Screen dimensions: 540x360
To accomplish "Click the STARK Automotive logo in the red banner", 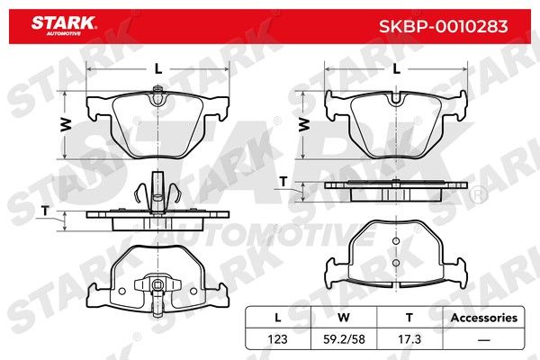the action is tap(64, 25).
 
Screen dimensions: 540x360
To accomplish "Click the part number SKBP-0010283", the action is tap(443, 26).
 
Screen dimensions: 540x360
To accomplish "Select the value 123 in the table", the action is tap(277, 339).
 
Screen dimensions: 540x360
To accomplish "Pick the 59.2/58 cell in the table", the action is tap(344, 339).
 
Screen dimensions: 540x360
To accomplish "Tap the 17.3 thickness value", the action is tap(409, 339).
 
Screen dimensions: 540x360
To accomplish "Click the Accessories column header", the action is tap(484, 318).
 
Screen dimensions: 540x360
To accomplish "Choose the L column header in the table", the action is tap(277, 318).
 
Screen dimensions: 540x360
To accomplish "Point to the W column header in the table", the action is tap(344, 318).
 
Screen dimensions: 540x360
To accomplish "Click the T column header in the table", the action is tap(409, 318).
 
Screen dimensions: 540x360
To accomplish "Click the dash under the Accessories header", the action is tap(484, 340).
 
